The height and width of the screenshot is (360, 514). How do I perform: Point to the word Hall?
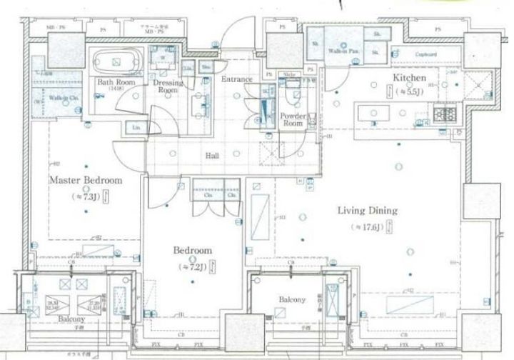coord(212,155)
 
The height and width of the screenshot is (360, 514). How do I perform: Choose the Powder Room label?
coord(293,119)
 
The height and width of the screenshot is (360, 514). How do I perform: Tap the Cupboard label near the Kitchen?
coord(426,54)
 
